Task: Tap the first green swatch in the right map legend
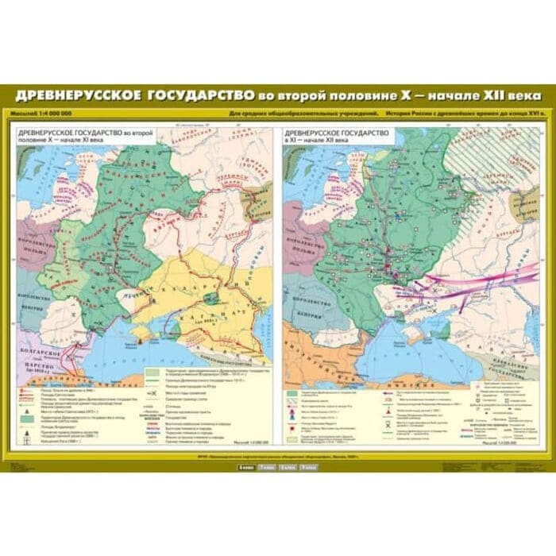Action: click(294, 392)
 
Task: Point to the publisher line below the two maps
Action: click(278, 457)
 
